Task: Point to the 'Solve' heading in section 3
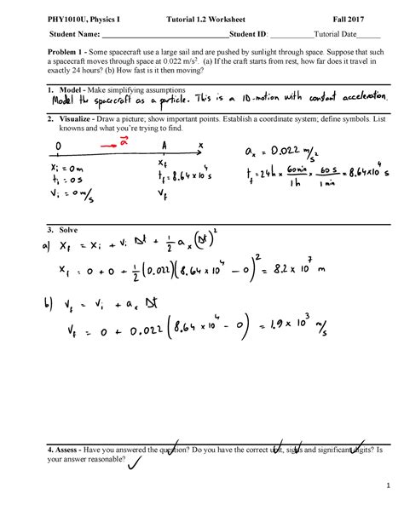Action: tap(66, 231)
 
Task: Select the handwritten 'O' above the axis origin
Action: tap(58, 146)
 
